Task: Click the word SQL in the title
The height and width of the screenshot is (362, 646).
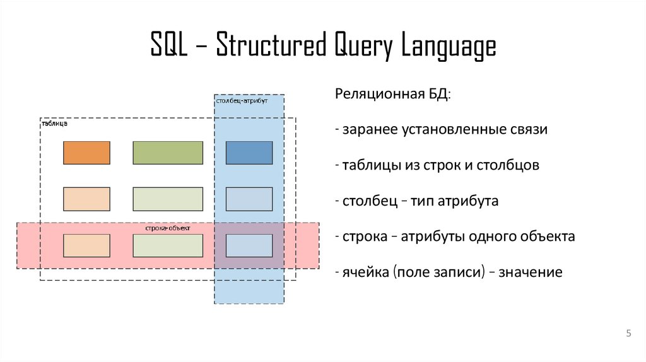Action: click(x=168, y=47)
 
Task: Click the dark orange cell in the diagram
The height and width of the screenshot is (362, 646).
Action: click(x=86, y=153)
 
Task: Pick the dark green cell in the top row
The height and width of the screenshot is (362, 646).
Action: click(x=168, y=153)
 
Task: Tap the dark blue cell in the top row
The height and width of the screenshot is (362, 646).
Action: click(x=249, y=153)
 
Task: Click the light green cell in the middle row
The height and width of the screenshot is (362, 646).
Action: click(x=168, y=199)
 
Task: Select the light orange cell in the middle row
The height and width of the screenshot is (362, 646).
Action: click(x=86, y=199)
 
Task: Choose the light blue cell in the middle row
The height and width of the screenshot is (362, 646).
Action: click(x=249, y=199)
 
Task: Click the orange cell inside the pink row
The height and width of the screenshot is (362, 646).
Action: click(x=86, y=245)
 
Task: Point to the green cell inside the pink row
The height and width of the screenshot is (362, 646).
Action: click(x=168, y=245)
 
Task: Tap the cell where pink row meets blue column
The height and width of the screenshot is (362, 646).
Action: click(x=249, y=245)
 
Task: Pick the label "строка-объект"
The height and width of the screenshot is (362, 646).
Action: click(x=167, y=227)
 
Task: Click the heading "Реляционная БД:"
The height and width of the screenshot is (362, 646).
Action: click(x=393, y=95)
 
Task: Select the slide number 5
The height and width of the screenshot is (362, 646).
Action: click(x=628, y=334)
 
